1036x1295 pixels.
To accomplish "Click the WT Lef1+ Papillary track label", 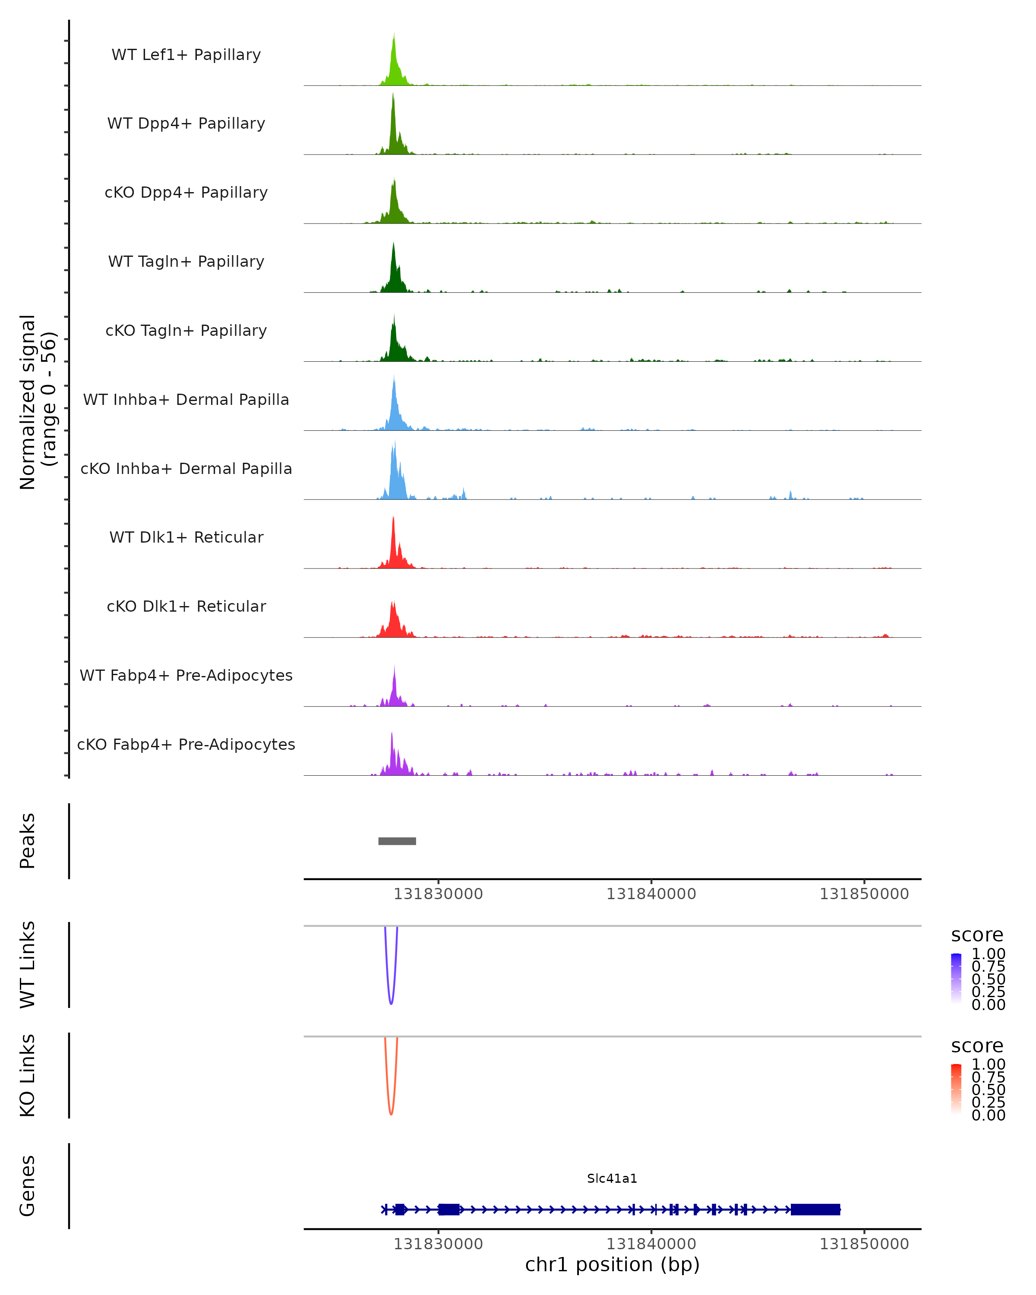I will pyautogui.click(x=186, y=55).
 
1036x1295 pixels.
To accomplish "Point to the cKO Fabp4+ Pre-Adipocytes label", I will pyautogui.click(x=186, y=744).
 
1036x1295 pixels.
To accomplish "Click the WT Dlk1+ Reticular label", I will pyautogui.click(x=186, y=537).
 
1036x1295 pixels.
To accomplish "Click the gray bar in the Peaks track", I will pyautogui.click(x=397, y=841).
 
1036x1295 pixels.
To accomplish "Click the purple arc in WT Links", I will pyautogui.click(x=391, y=1002).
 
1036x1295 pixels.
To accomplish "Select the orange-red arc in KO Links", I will pyautogui.click(x=391, y=1112).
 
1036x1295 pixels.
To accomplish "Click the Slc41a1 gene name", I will pyautogui.click(x=612, y=1178).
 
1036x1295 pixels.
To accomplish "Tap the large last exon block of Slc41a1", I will pyautogui.click(x=815, y=1209).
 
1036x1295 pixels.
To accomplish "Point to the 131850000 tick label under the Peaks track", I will pyautogui.click(x=864, y=894).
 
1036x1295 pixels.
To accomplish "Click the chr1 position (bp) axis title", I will pyautogui.click(x=612, y=1265).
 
